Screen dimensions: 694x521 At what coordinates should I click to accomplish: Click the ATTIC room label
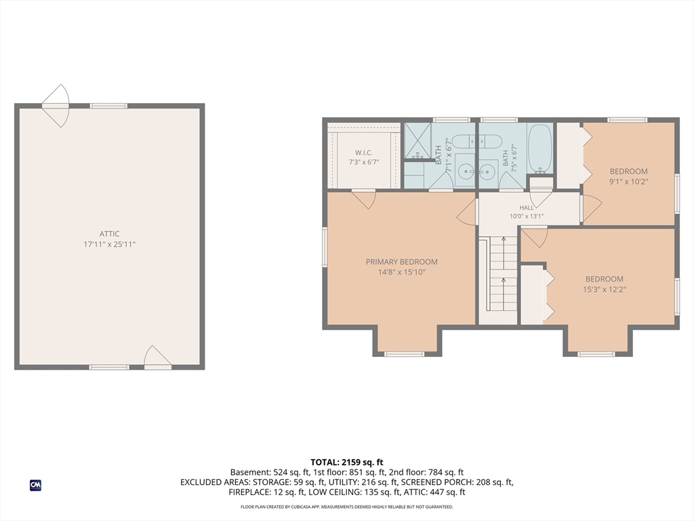109,234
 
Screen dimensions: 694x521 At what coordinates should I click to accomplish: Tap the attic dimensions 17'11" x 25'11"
109,244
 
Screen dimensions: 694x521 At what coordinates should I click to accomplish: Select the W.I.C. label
364,153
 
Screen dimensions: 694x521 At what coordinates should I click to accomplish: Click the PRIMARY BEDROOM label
401,262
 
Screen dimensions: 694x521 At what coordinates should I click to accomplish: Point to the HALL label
527,208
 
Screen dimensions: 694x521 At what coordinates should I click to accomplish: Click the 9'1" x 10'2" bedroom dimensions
628,181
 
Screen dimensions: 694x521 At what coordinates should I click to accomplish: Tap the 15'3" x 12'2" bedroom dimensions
604,289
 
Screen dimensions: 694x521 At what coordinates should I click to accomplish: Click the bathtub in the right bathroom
540,149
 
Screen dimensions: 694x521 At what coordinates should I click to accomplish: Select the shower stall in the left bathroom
417,141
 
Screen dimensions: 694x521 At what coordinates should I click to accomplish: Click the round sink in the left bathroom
465,170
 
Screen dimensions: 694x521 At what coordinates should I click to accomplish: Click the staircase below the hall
504,273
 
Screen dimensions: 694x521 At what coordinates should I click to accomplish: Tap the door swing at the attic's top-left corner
56,106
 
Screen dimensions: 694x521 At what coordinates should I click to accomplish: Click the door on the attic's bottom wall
157,358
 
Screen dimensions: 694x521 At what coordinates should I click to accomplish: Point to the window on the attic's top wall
108,106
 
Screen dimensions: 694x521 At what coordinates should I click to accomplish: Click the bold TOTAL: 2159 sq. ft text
346,463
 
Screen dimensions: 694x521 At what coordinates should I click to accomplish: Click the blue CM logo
35,485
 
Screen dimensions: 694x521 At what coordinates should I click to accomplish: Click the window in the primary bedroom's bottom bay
404,354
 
